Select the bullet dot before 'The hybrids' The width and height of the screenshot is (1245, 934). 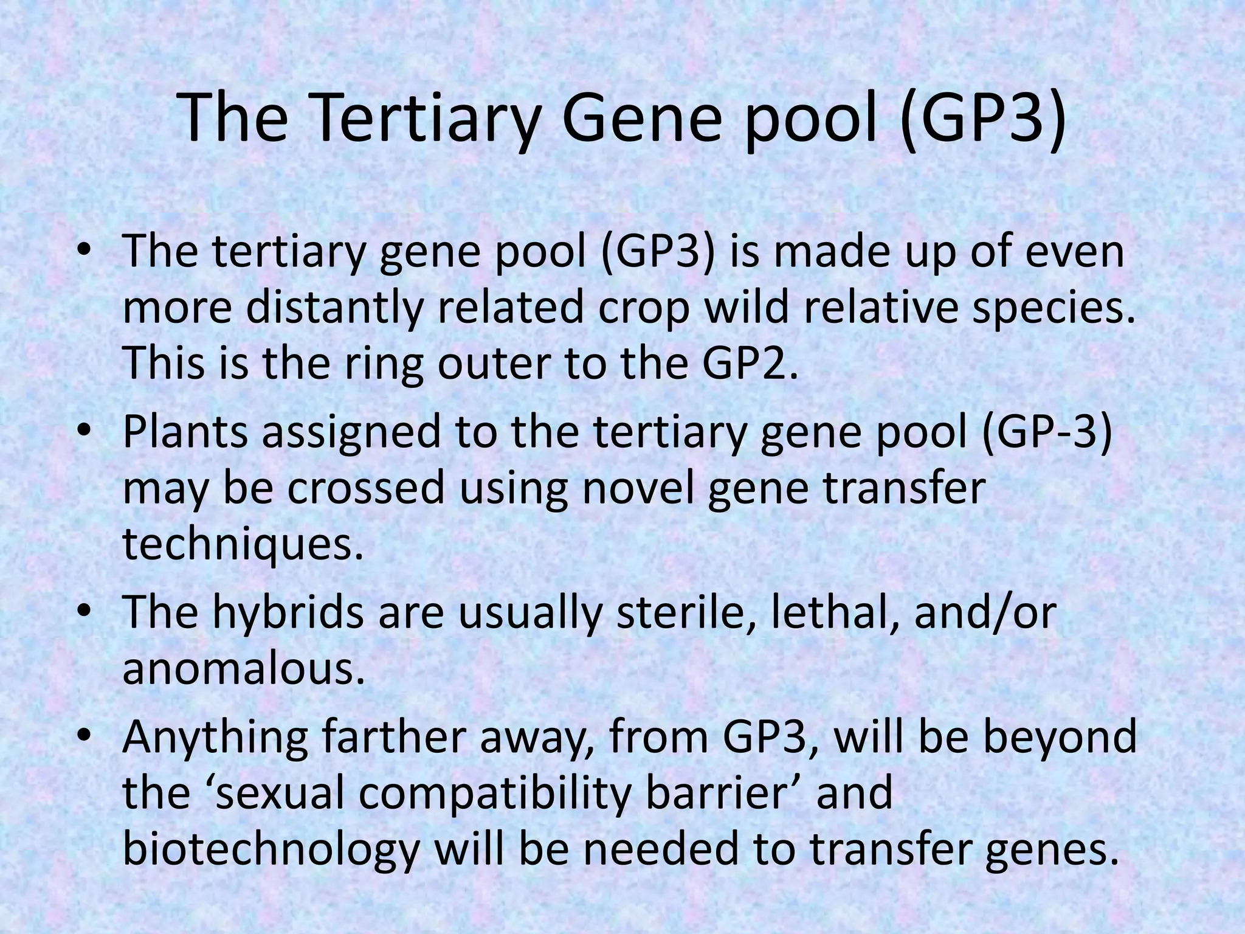click(84, 612)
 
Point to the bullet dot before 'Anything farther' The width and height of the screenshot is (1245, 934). click(84, 736)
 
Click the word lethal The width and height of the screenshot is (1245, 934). click(835, 612)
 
